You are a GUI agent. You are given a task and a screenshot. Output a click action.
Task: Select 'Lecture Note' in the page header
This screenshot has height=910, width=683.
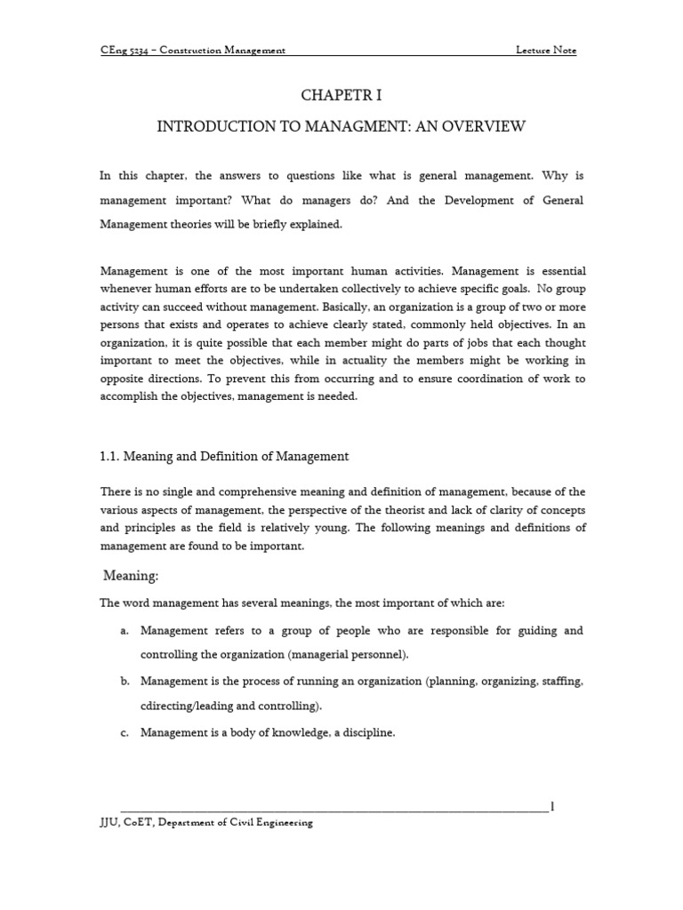(546, 51)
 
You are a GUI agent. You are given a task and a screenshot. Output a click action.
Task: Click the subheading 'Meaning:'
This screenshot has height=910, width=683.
(132, 576)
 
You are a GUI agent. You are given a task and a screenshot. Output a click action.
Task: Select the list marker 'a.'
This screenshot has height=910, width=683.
(124, 631)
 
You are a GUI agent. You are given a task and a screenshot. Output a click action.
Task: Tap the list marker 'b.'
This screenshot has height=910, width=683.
(124, 682)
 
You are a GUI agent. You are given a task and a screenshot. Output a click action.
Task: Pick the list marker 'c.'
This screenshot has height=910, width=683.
(124, 732)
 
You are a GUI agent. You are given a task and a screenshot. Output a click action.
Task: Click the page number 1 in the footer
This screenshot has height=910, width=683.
(552, 807)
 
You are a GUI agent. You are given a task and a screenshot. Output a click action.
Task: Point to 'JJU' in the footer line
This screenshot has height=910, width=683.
(110, 823)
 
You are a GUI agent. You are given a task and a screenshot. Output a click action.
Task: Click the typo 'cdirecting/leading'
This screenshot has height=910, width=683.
(186, 706)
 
